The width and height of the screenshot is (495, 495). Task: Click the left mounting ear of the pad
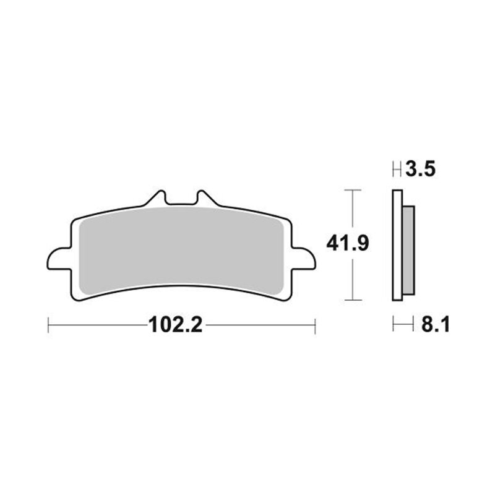point(57,258)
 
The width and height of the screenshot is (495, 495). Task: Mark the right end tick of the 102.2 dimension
point(316,324)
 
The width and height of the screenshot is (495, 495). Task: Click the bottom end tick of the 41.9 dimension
point(351,301)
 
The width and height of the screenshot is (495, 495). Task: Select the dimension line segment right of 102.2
point(260,324)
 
